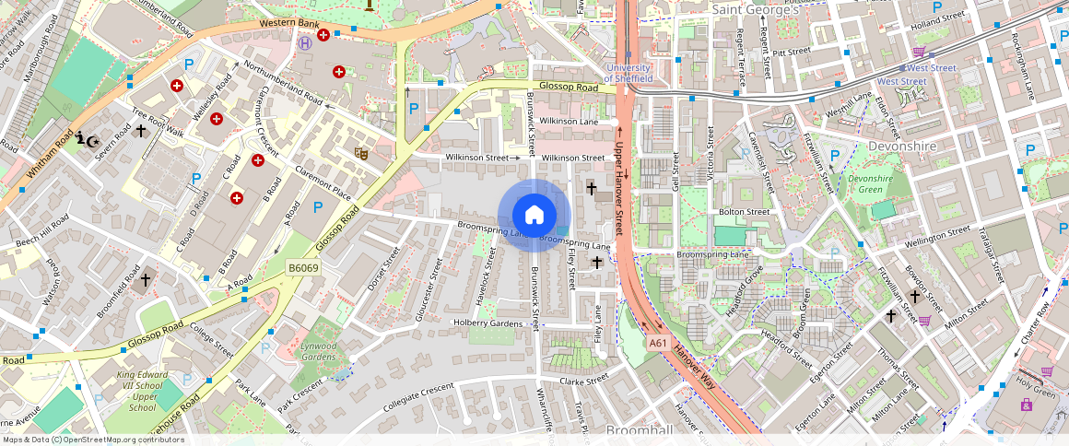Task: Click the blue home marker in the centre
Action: click(534, 216)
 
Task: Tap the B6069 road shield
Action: click(303, 268)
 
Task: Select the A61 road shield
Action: click(657, 342)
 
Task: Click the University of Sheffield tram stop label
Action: click(628, 73)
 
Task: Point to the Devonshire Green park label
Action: click(870, 183)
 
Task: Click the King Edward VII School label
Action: click(143, 391)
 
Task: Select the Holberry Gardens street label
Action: click(488, 323)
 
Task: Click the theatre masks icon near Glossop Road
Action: click(361, 153)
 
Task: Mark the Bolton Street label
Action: click(744, 212)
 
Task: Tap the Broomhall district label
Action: click(640, 431)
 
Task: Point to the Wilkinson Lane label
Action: click(569, 122)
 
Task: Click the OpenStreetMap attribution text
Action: click(92, 440)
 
